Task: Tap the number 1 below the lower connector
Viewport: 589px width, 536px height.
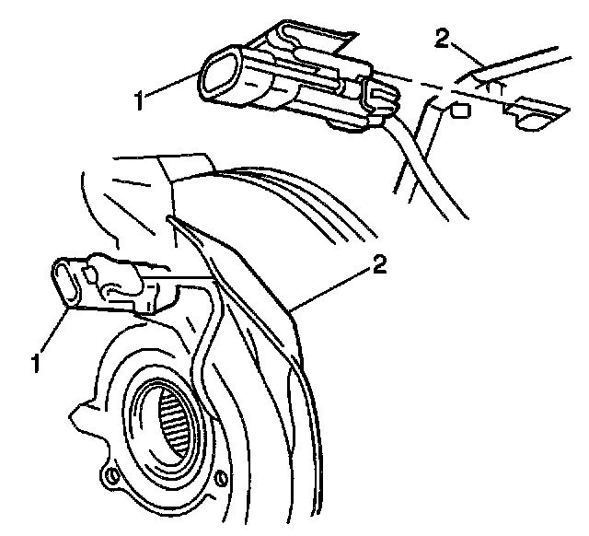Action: click(x=37, y=363)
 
